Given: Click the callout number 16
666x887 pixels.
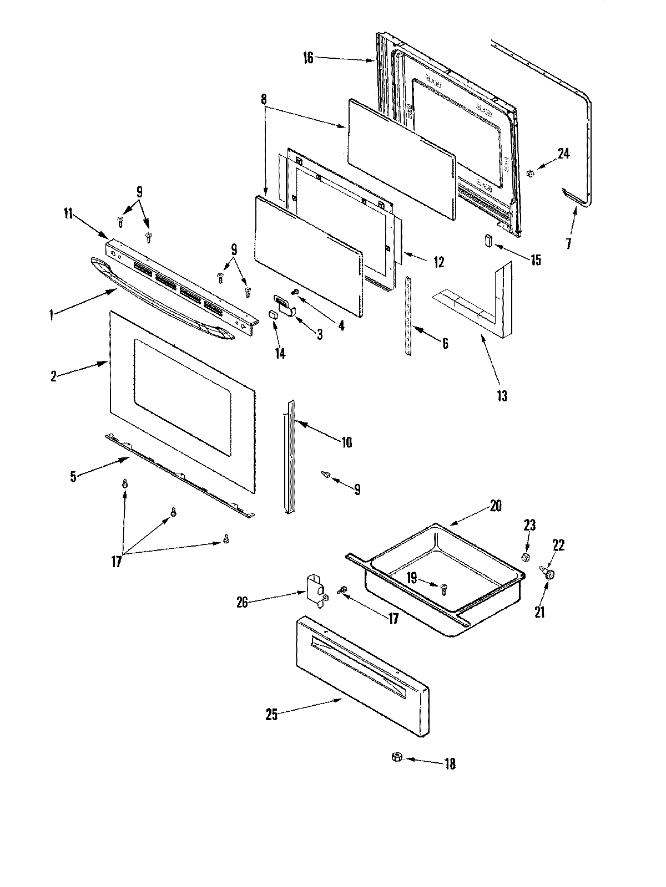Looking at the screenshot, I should coord(309,58).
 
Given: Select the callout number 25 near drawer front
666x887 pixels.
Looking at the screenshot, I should coord(271,715).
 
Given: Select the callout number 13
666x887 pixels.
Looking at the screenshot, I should coord(502,396).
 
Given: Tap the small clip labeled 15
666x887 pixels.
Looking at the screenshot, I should coord(488,242).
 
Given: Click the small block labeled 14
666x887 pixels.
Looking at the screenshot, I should coord(272,314).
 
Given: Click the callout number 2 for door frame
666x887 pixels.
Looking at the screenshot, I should coord(53,376).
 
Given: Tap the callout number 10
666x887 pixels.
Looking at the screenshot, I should coord(346,442).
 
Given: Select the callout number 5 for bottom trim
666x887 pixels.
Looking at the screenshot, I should coord(73,477).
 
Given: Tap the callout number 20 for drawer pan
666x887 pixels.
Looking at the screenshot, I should coord(496,506).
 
